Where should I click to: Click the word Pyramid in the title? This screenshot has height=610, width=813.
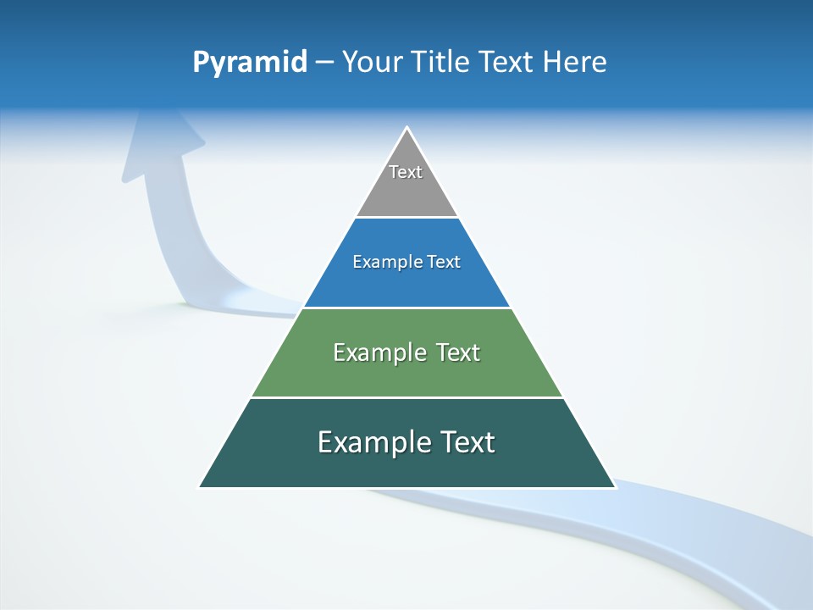coord(250,63)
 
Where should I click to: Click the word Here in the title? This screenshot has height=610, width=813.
coord(575,63)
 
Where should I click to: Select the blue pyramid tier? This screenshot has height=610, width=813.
coord(406,284)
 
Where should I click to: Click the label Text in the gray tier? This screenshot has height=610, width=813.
coord(406,172)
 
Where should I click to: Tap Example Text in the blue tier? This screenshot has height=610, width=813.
coord(406,262)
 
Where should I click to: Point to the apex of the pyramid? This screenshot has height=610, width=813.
coord(407,129)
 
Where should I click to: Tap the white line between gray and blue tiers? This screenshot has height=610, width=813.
coord(406,218)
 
